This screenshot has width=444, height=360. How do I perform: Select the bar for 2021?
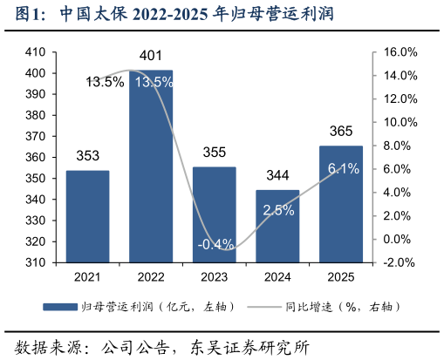click(x=87, y=216)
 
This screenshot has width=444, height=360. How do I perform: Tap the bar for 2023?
click(x=214, y=214)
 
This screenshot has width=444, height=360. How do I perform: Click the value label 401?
click(x=151, y=57)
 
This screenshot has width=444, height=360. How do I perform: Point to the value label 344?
click(x=277, y=176)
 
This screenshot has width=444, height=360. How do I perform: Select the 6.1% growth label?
click(x=343, y=168)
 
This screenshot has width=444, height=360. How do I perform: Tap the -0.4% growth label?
click(x=215, y=244)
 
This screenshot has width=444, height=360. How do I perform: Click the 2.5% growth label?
click(x=278, y=210)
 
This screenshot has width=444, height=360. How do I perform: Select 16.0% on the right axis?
click(x=400, y=52)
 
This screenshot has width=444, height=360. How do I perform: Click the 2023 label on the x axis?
click(x=214, y=276)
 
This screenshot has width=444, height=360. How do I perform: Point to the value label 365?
click(x=341, y=131)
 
